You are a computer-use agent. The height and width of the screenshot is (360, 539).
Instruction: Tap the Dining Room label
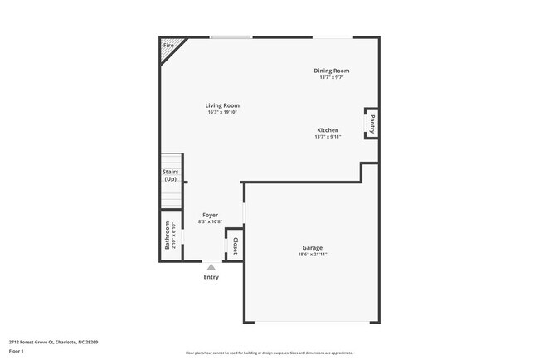tap(331, 71)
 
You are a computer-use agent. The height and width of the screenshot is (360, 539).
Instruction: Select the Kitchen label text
tap(328, 130)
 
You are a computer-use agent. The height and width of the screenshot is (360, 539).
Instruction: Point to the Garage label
tap(312, 247)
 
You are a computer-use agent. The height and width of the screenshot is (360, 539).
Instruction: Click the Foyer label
tap(210, 215)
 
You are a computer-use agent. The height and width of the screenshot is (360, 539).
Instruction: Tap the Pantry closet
tap(372, 124)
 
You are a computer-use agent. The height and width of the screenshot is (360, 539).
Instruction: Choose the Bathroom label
tap(168, 235)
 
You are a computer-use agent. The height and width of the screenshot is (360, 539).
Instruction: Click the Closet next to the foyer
tap(235, 246)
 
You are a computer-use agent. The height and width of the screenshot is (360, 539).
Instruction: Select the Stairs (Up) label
tap(170, 175)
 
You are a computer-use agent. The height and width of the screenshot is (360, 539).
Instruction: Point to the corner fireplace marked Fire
tap(169, 46)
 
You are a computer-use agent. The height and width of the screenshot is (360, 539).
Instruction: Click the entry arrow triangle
tap(211, 267)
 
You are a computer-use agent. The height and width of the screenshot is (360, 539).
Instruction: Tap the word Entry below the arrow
tap(211, 277)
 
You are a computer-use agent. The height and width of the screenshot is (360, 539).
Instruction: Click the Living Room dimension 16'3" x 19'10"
tap(223, 112)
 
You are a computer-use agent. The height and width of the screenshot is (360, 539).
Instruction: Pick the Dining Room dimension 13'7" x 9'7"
tap(331, 78)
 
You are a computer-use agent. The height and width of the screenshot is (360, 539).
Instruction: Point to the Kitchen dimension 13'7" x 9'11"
tap(328, 137)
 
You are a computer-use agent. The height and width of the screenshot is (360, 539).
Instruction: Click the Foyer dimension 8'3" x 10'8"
tap(210, 221)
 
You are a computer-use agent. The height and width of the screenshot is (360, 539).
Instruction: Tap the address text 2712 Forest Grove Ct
tap(53, 342)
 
